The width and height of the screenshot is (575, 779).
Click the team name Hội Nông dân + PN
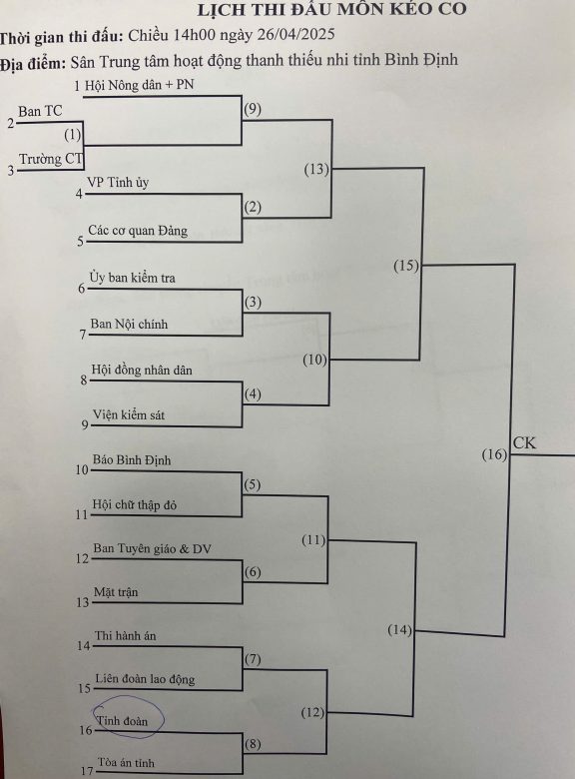[x=139, y=86]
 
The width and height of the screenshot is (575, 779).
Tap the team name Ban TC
[x=40, y=111]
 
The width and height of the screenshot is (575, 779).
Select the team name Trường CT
[x=51, y=159]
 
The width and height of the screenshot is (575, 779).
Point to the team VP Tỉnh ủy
[x=118, y=183]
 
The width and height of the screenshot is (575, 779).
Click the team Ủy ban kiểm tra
[x=132, y=278]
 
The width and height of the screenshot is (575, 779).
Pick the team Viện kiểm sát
[x=129, y=414]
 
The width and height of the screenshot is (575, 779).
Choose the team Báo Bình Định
[x=132, y=460]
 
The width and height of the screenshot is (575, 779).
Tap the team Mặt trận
[x=116, y=592]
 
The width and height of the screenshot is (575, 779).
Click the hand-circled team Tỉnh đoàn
[x=122, y=720]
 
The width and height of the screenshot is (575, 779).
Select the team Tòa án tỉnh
[x=126, y=763]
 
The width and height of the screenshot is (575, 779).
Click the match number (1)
[x=73, y=135]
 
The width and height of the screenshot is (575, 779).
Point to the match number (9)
[x=253, y=109]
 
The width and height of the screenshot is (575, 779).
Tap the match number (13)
[x=316, y=170]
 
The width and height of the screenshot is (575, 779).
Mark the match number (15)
[x=406, y=266]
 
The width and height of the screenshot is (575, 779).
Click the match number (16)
[x=494, y=454]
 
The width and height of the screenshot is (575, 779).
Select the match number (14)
[x=399, y=630]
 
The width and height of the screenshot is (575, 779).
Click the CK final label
[x=524, y=442]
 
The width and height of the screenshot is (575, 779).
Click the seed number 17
[x=87, y=771]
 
